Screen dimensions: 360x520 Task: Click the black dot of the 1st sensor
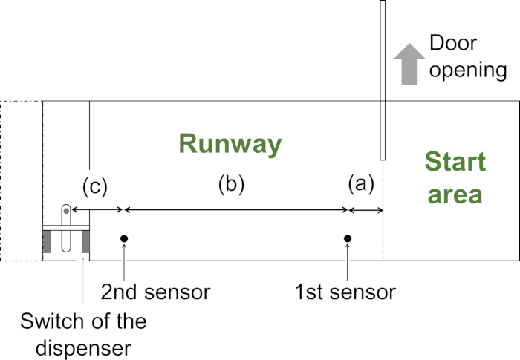click(347, 238)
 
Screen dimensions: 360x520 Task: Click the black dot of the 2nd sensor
click(125, 238)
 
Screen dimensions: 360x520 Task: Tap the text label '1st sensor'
click(345, 292)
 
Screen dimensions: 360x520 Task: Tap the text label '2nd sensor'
click(156, 292)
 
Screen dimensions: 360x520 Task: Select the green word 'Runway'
click(230, 144)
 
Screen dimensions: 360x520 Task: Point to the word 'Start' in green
click(455, 163)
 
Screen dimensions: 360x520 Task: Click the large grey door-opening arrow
click(407, 65)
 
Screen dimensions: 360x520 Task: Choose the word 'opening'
click(468, 71)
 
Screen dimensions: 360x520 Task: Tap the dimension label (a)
click(362, 184)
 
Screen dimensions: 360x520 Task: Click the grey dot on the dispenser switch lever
click(66, 212)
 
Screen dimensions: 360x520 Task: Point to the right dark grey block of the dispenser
click(85, 241)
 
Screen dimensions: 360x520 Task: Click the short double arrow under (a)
click(365, 211)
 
